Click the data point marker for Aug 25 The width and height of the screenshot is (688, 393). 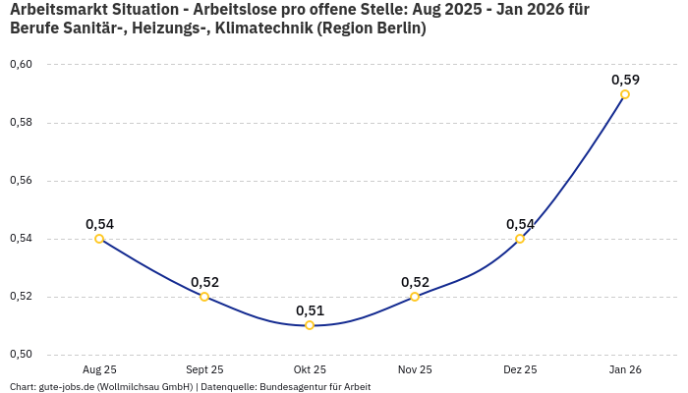99,239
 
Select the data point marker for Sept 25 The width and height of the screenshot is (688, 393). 204,297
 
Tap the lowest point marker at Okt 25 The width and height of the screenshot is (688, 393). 310,325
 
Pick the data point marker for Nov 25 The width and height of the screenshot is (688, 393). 415,297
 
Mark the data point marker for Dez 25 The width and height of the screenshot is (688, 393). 520,239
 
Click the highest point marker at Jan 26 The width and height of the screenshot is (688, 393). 625,94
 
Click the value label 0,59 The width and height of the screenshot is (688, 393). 625,80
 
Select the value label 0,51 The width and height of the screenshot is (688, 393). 310,310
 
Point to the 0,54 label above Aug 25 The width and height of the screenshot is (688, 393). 99,224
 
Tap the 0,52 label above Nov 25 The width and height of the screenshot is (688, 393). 415,282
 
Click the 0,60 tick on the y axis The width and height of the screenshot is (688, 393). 21,65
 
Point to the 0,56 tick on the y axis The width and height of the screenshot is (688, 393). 21,181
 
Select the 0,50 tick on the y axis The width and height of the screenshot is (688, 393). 21,355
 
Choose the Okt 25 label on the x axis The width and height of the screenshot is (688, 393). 310,369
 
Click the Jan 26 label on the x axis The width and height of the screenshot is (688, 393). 625,369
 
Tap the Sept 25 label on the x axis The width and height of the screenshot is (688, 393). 204,369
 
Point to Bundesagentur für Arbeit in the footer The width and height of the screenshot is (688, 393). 314,386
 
